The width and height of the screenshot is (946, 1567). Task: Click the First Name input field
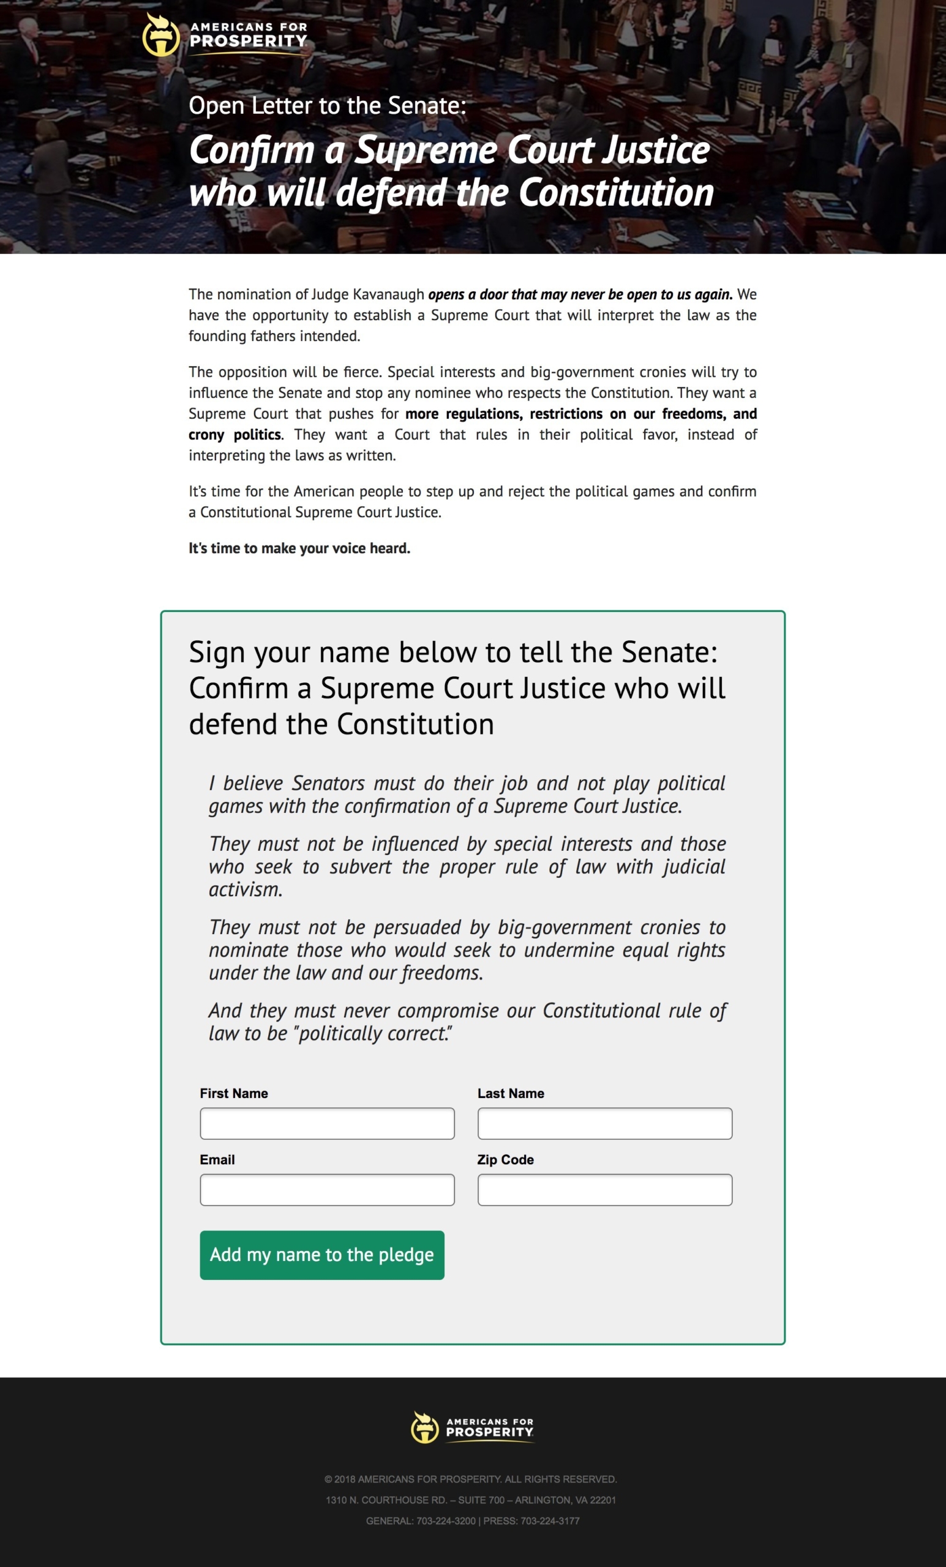327,1123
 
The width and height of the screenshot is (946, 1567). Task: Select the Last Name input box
604,1123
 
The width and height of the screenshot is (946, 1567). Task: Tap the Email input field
327,1189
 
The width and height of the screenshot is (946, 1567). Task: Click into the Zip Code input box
604,1189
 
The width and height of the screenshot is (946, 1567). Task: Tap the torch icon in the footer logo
424,1427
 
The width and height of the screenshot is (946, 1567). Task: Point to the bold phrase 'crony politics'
235,435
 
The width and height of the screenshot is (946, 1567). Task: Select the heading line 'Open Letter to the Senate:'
328,105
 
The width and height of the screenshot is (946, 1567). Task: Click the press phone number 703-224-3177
550,1520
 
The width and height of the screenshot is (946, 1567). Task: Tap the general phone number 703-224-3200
446,1520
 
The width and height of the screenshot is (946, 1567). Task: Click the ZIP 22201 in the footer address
603,1500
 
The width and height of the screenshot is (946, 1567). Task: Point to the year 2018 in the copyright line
345,1479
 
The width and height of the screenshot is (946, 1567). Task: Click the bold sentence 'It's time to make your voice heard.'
299,548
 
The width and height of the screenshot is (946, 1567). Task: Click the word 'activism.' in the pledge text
246,889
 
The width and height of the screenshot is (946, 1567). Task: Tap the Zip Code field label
505,1159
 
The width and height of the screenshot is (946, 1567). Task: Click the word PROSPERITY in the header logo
249,42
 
